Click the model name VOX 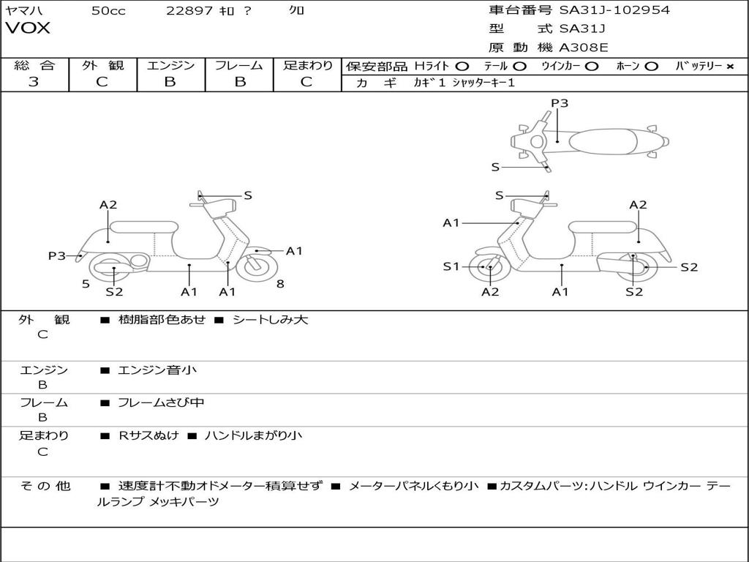28,29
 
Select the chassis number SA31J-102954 614,10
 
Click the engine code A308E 583,48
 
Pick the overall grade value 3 34,82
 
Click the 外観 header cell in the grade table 102,65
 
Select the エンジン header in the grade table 170,65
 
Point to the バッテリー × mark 729,66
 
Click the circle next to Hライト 462,66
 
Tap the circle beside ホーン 652,66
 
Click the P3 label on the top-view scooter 560,103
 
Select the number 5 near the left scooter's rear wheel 86,283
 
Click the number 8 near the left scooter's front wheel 280,283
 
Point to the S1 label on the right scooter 451,266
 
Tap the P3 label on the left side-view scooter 56,255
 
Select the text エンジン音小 157,370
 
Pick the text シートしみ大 270,320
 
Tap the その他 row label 45,486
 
